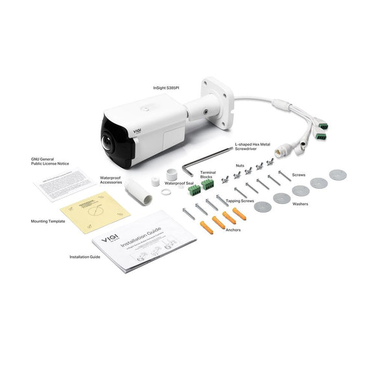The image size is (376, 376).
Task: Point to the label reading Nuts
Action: (x=240, y=166)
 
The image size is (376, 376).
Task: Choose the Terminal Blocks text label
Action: (x=207, y=174)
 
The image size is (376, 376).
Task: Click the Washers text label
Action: (x=300, y=203)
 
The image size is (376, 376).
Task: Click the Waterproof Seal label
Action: (x=182, y=183)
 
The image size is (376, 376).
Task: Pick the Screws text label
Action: (x=300, y=174)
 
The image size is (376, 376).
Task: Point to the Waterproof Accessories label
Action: (x=112, y=179)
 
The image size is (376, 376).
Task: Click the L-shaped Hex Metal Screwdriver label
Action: (x=253, y=148)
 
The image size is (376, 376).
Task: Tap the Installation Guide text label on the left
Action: (x=84, y=257)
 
